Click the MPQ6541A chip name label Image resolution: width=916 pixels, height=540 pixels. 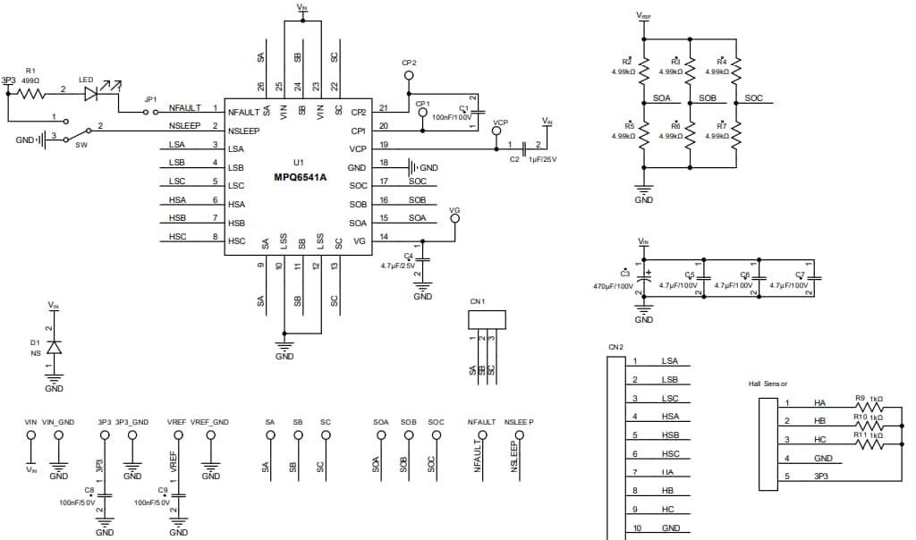tap(300, 177)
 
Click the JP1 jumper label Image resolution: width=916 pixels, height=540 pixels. tap(150, 99)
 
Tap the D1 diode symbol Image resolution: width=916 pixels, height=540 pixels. tap(54, 348)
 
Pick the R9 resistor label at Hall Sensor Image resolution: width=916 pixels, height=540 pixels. tap(860, 398)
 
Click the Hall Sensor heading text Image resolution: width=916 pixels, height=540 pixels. tap(768, 383)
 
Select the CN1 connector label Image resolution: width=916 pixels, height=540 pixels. tap(477, 301)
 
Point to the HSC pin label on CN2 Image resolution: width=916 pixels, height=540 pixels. tap(670, 454)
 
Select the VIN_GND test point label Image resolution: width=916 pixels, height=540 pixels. tap(59, 421)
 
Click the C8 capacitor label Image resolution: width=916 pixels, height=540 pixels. tap(89, 490)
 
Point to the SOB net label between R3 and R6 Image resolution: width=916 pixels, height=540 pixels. tap(708, 98)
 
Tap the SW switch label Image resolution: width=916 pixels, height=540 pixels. tap(81, 143)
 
